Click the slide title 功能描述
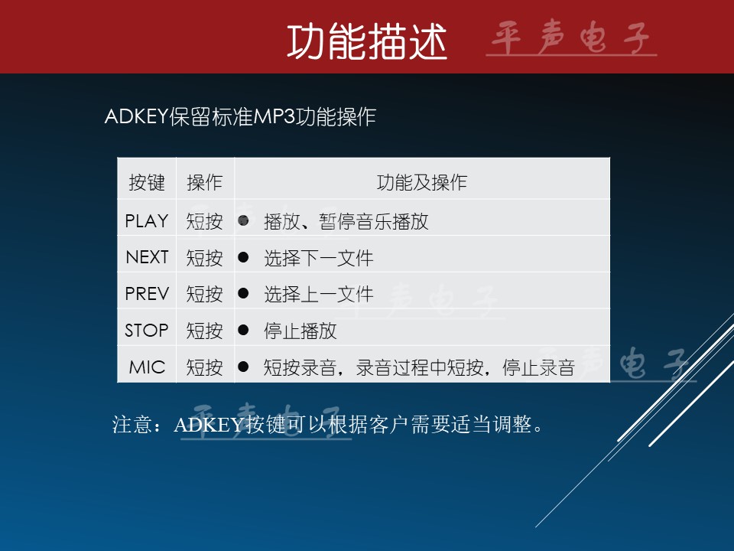coord(367,41)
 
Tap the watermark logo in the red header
coord(571,38)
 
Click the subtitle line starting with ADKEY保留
coord(240,116)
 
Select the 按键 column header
coord(147,182)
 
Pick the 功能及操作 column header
coord(422,182)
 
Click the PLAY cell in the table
coord(147,220)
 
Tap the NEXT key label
coord(147,257)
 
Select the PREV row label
coord(147,294)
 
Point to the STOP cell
coord(147,331)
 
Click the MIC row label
coord(147,367)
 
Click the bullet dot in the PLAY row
coord(243,220)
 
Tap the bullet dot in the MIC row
coord(243,367)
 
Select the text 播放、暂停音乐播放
coord(346,222)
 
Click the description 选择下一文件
coord(319,258)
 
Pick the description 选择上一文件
coord(319,294)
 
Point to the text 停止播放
coord(300,331)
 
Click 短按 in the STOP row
coord(205,331)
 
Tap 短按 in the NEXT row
coord(205,258)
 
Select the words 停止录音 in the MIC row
coord(538,368)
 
